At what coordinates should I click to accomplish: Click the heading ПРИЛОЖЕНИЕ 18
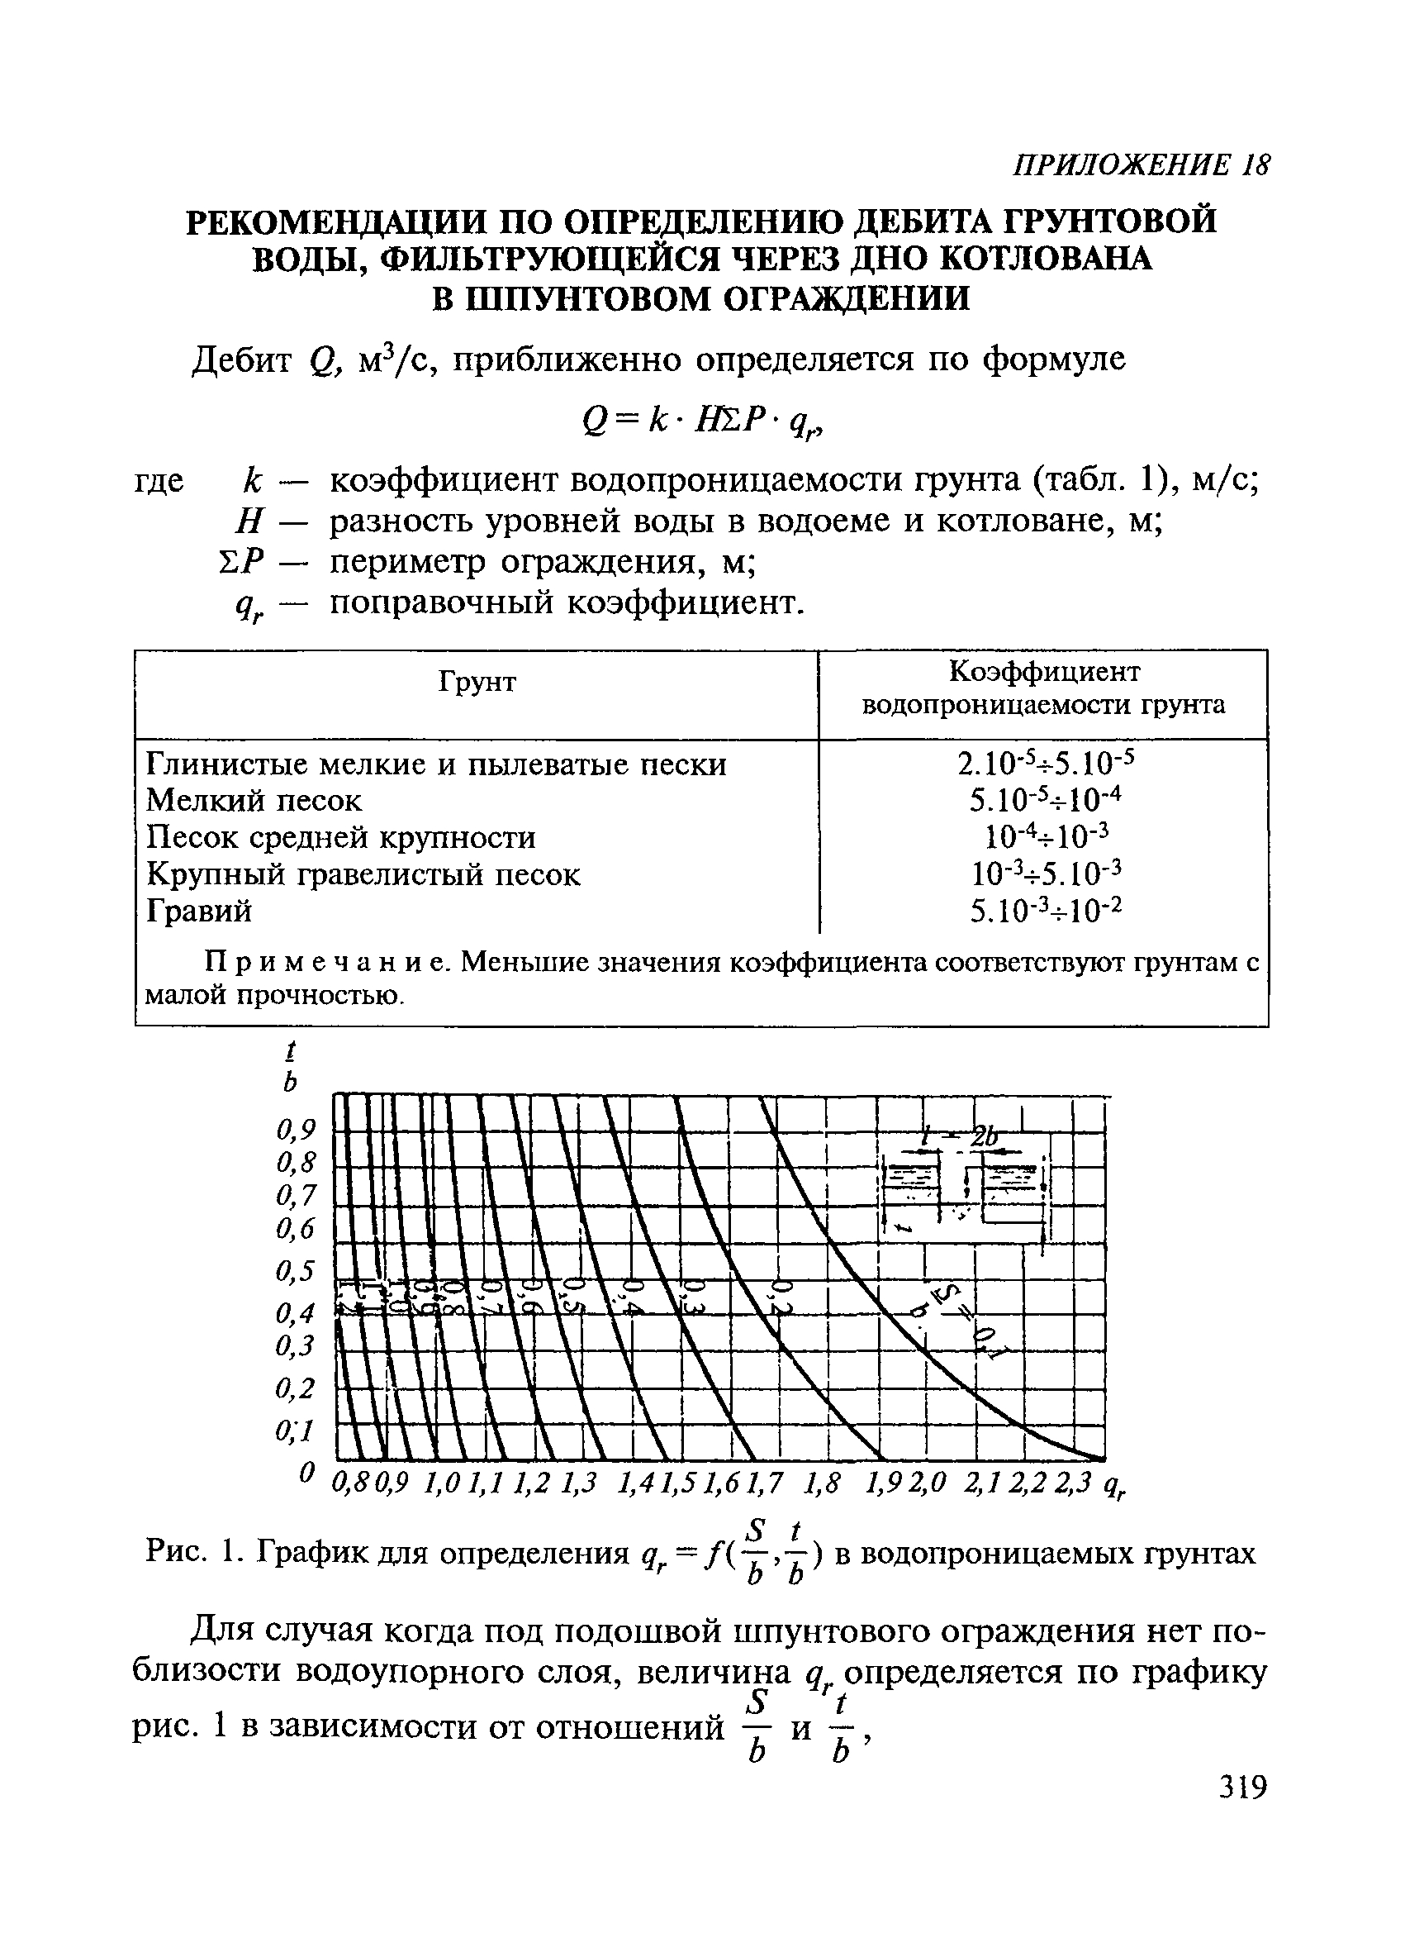(1140, 165)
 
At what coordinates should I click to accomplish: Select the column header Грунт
(477, 683)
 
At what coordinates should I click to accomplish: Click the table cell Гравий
(200, 910)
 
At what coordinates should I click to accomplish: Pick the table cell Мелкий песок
(254, 801)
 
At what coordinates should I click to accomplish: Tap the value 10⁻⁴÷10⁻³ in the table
(1047, 835)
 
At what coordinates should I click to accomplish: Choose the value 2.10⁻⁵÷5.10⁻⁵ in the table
(1047, 763)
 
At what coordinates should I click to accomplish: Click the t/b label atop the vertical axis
(291, 1065)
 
